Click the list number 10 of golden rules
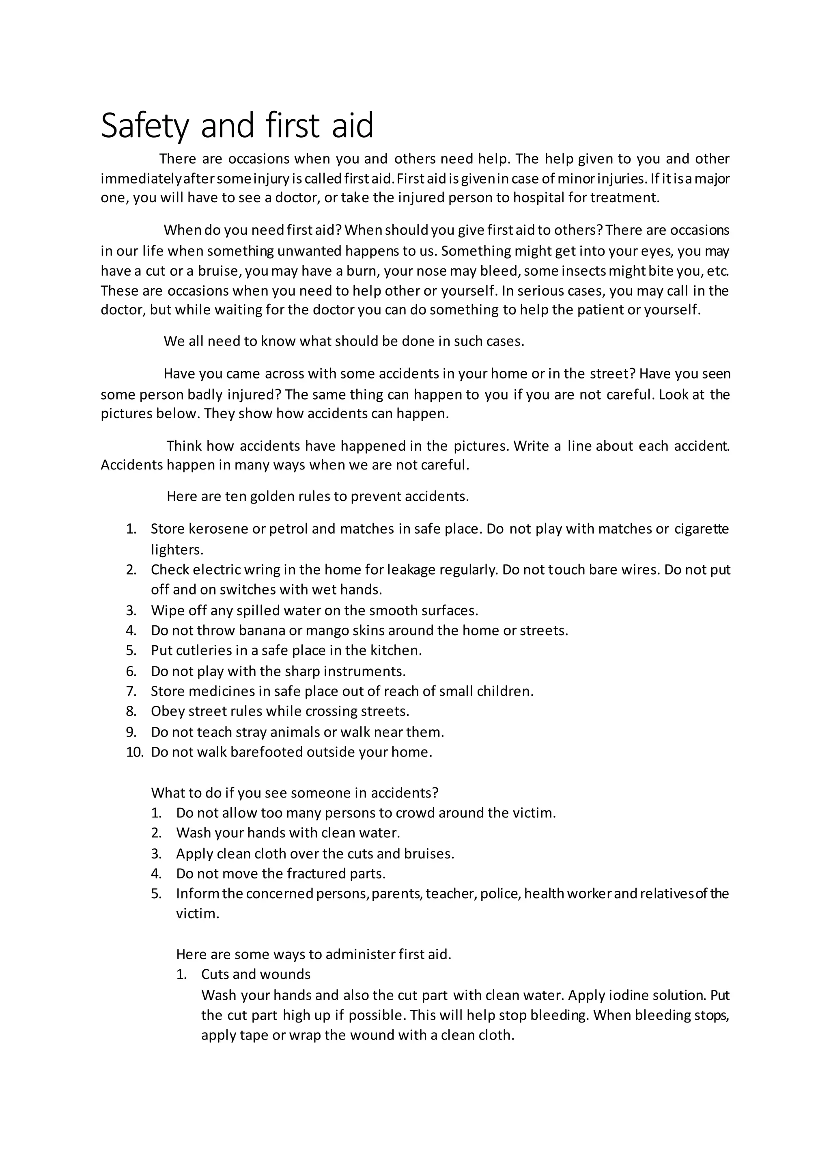133,752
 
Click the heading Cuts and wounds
256,974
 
